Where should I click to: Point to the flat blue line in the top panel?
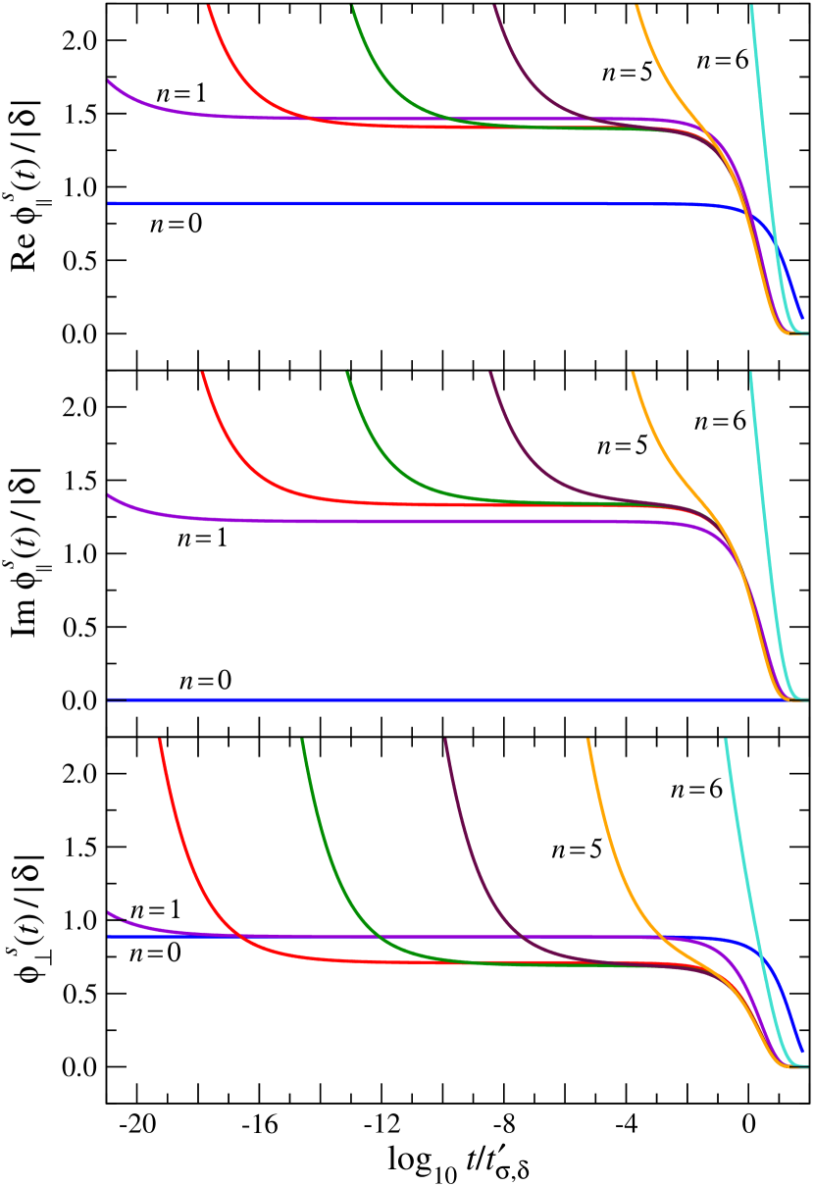point(392,203)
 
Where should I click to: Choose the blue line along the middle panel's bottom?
point(392,699)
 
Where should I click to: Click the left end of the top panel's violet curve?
point(109,80)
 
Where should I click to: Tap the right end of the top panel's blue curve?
point(802,317)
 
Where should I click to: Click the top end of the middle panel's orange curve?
point(634,374)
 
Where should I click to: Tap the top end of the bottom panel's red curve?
point(160,741)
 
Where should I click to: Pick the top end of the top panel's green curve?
point(352,8)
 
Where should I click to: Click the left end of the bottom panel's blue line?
point(109,936)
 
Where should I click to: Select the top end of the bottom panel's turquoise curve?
point(726,741)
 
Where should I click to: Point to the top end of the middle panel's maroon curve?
point(491,374)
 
